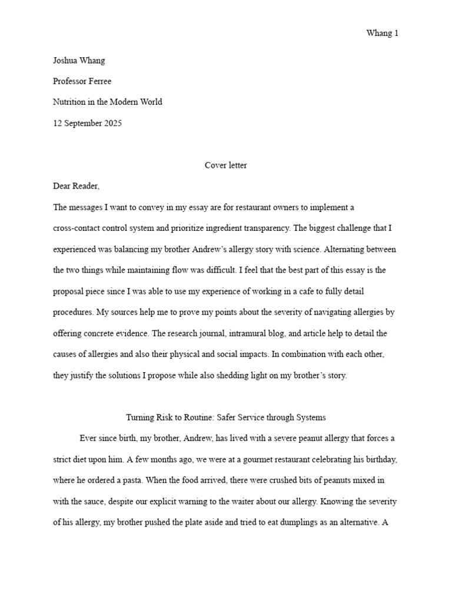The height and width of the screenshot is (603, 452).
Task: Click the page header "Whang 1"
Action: [382, 33]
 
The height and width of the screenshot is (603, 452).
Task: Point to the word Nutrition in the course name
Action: [69, 102]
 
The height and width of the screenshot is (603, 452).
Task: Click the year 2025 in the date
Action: [111, 123]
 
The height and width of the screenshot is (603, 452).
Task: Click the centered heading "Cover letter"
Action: [225, 165]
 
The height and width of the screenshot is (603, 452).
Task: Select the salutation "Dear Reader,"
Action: [77, 186]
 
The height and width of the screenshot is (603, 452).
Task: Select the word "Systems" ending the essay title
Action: [310, 418]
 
